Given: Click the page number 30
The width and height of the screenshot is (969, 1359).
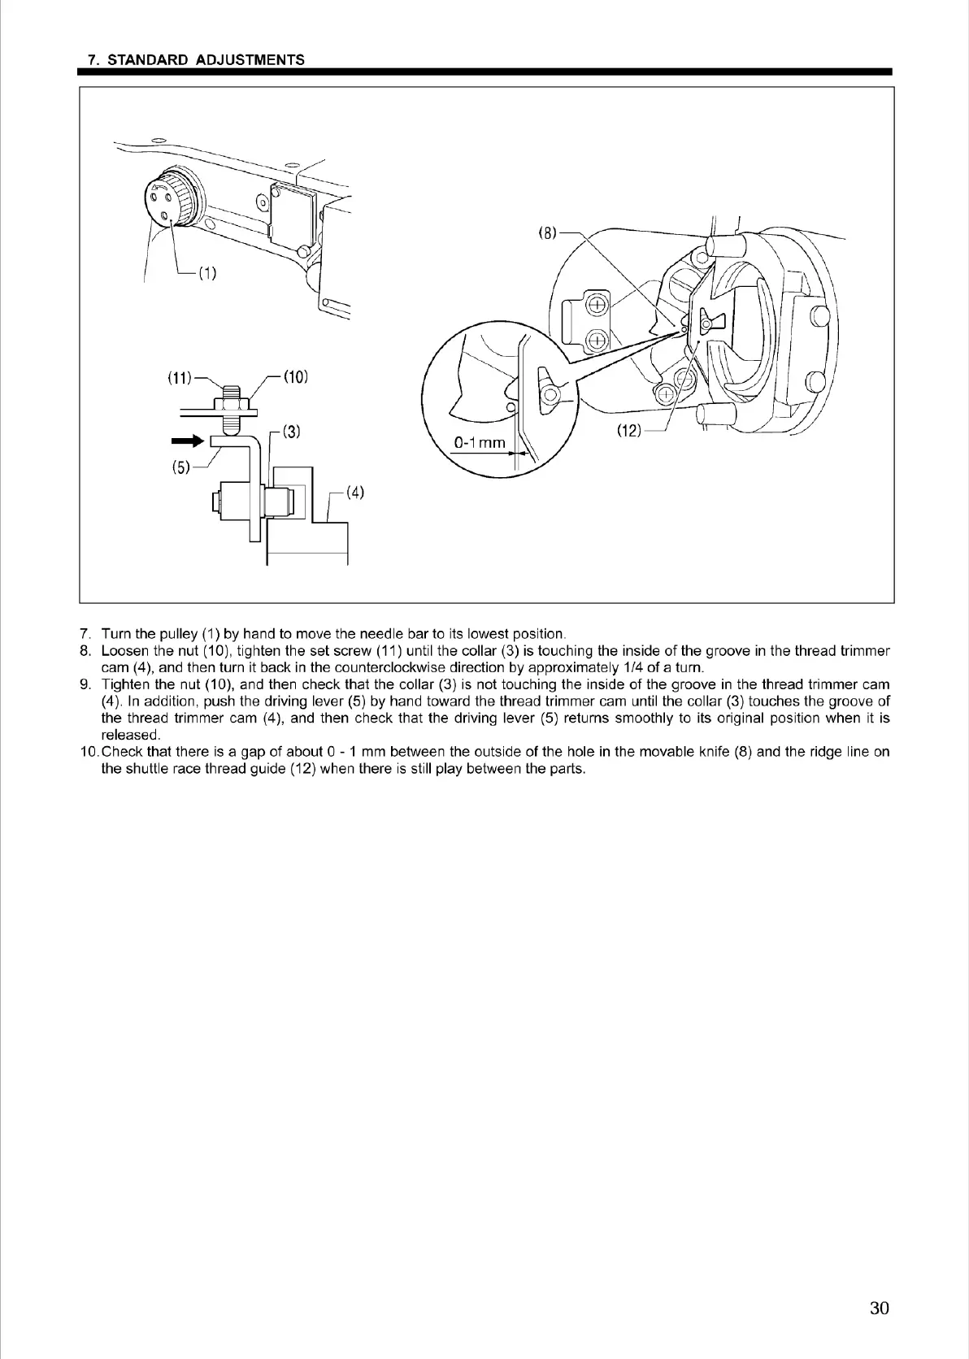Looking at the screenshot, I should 879,1308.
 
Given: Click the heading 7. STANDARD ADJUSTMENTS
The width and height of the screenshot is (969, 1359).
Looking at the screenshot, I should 196,60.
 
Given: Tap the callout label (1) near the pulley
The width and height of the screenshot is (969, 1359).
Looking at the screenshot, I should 207,274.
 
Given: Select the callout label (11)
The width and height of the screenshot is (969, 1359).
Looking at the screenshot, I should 179,377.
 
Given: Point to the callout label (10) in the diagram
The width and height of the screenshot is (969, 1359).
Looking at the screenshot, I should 295,377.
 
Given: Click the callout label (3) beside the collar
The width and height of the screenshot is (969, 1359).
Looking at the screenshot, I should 292,432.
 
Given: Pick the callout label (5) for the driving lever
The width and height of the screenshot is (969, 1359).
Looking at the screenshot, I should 180,467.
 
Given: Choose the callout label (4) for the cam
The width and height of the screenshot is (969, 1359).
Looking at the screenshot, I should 354,492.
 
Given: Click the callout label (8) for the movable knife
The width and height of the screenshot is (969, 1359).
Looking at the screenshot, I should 549,233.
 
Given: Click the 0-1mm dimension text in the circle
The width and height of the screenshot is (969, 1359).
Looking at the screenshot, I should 480,443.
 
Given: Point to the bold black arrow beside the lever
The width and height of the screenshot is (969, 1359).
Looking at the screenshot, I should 185,441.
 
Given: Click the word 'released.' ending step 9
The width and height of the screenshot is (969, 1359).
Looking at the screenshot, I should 131,735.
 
